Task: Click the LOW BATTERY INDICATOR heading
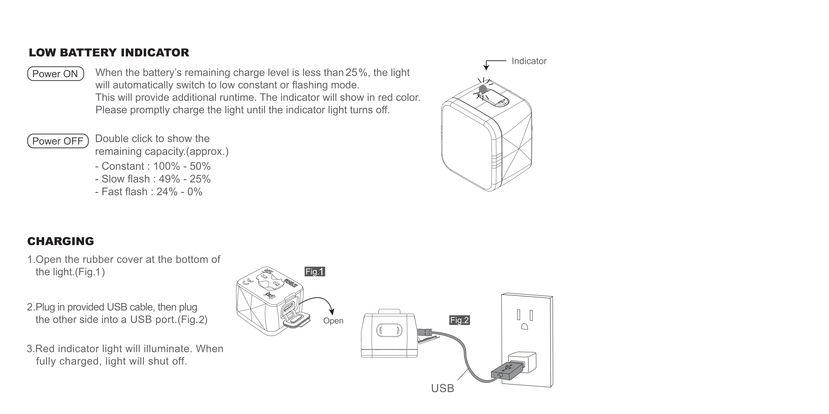coord(109,53)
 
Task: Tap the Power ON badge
coord(55,74)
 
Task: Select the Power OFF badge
coord(58,141)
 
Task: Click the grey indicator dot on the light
coord(483,88)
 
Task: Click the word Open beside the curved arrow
coord(333,321)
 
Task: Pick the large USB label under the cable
coord(442,388)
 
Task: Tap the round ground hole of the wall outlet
coord(525,327)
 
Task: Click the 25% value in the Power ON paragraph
coord(356,73)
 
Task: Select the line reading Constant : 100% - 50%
coord(153,166)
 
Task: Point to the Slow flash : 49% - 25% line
coord(153,179)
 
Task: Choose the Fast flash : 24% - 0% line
coord(149,192)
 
